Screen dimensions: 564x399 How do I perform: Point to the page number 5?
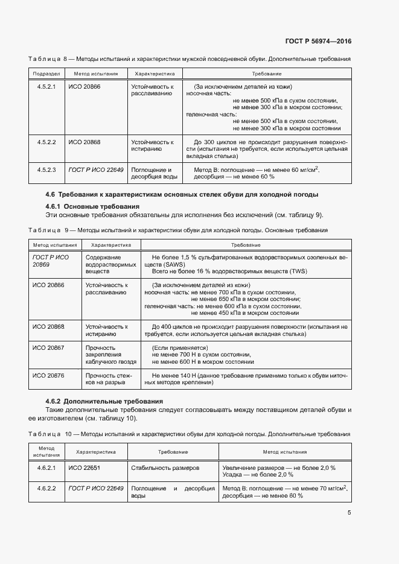[x=349, y=513]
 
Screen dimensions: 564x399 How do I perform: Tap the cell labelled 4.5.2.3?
[x=46, y=170]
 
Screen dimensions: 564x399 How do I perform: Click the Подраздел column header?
[x=46, y=73]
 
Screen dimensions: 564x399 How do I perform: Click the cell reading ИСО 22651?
[x=85, y=467]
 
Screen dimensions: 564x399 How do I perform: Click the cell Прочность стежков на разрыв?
[x=107, y=379]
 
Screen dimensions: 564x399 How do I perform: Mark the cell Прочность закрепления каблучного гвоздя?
[x=109, y=355]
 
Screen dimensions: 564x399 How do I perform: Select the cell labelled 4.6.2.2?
[x=46, y=488]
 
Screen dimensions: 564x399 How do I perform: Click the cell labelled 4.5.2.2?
[x=46, y=142]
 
